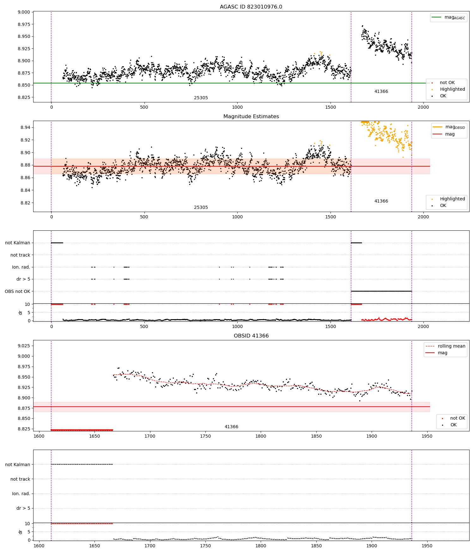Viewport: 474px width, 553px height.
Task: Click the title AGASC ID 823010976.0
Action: pyautogui.click(x=251, y=7)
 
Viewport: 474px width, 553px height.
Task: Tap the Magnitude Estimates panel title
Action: pyautogui.click(x=251, y=117)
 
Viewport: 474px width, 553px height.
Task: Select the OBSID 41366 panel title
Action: pyautogui.click(x=251, y=336)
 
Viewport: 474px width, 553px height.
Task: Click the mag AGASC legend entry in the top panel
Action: pyautogui.click(x=448, y=17)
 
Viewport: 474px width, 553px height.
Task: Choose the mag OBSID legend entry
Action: pyautogui.click(x=449, y=127)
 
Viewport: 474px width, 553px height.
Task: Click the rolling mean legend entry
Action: pyautogui.click(x=445, y=346)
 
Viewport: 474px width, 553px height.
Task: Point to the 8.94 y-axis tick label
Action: pyautogui.click(x=25, y=127)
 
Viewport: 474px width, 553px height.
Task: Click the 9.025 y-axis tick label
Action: pyautogui.click(x=24, y=346)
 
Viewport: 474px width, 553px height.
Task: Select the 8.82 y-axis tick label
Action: pyautogui.click(x=25, y=203)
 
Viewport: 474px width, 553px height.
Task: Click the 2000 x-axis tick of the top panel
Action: pyautogui.click(x=423, y=107)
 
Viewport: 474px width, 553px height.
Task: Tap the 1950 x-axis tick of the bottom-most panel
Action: pyautogui.click(x=427, y=546)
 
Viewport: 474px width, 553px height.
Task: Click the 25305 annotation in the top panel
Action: pyautogui.click(x=201, y=98)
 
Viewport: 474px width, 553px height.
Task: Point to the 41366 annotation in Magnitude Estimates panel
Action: pyautogui.click(x=381, y=201)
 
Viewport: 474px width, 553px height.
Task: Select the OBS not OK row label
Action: pyautogui.click(x=17, y=291)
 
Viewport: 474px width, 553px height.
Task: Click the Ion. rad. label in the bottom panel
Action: pyautogui.click(x=21, y=494)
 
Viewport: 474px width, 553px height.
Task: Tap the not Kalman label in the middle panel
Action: pyautogui.click(x=18, y=243)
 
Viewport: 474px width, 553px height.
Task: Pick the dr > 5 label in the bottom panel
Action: pyautogui.click(x=23, y=508)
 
